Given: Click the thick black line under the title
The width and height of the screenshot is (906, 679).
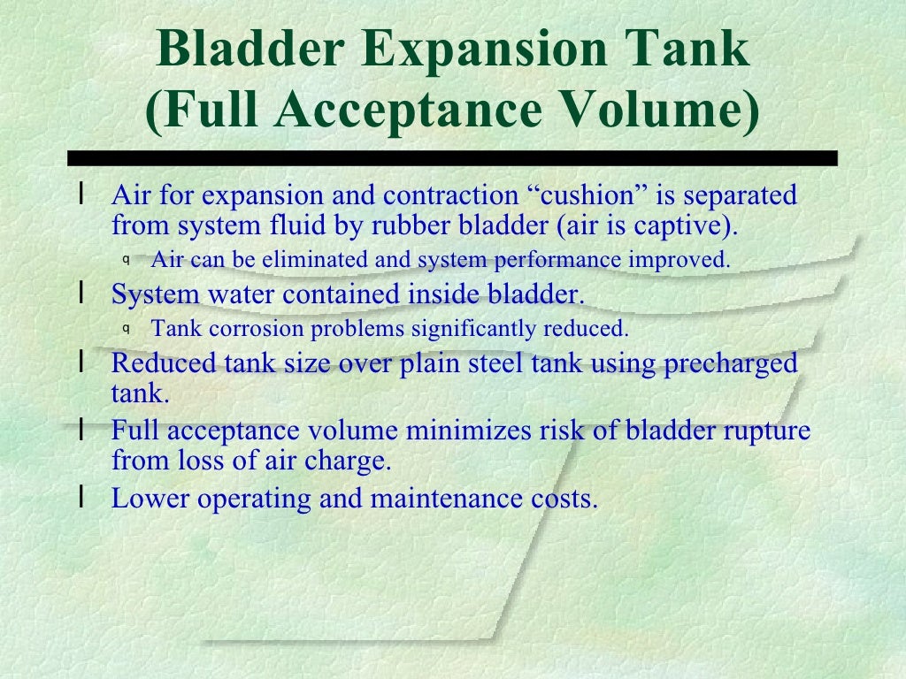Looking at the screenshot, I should pyautogui.click(x=452, y=159).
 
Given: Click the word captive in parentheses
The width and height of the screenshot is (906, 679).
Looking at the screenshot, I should pyautogui.click(x=694, y=225).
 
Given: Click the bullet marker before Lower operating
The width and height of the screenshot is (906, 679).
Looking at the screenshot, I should pyautogui.click(x=81, y=497).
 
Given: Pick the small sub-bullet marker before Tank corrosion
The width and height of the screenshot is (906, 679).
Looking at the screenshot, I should pyautogui.click(x=127, y=329).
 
